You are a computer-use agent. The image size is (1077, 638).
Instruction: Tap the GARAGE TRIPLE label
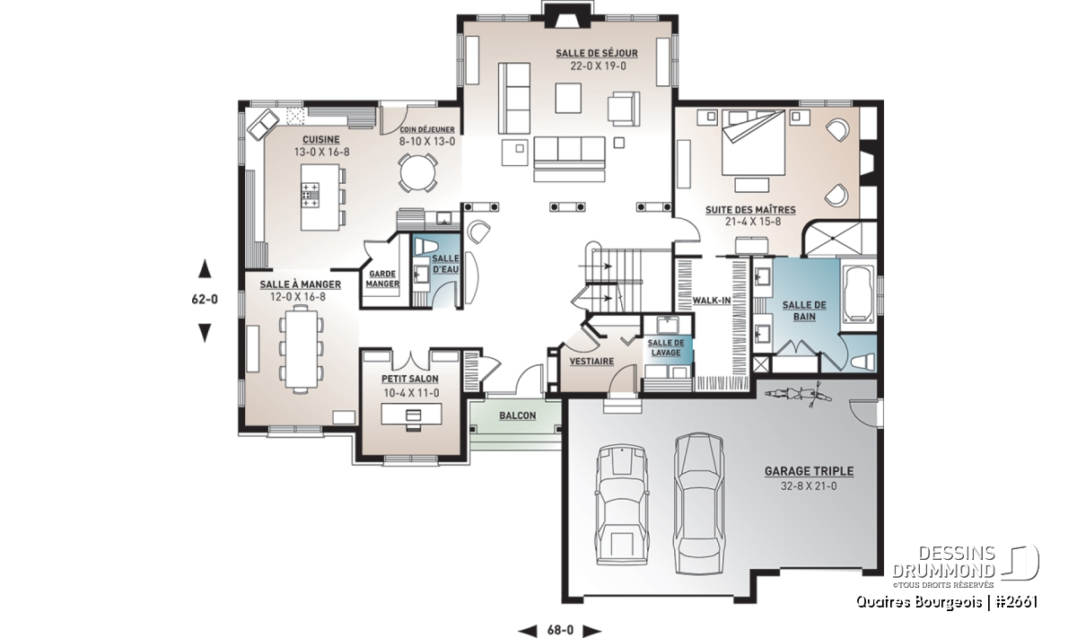810,471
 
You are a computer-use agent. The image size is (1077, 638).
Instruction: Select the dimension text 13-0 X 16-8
321,153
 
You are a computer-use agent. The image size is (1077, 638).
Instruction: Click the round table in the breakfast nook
417,173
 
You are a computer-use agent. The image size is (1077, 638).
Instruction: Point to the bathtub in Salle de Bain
858,294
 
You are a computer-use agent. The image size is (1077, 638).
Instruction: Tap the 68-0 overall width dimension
560,630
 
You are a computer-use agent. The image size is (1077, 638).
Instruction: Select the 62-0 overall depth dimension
205,300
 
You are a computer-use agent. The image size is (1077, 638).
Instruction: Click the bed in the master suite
753,143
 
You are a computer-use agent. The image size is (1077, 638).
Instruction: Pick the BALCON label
517,415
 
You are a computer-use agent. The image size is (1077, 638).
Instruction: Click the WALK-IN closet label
712,301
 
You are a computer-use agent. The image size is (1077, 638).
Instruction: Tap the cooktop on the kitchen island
311,196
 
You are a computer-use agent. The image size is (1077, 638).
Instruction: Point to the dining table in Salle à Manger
302,348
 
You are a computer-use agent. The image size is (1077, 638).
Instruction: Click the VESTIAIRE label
591,362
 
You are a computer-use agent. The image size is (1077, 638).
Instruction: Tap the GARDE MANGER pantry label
382,279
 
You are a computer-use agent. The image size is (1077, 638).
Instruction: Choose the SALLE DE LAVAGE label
666,347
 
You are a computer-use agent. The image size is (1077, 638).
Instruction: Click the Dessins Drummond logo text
944,562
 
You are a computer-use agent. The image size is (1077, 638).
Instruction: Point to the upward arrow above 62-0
206,269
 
